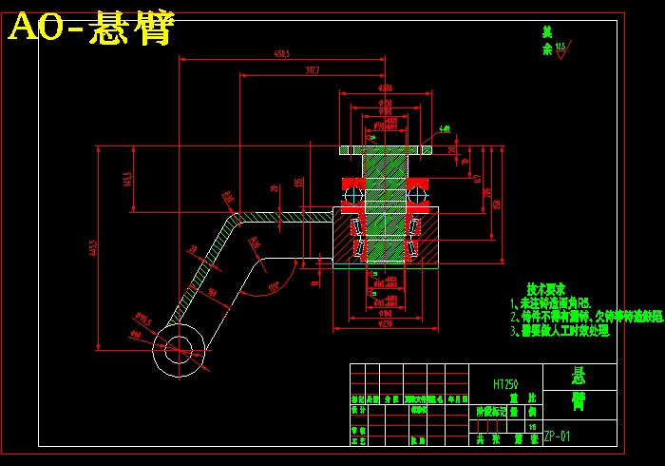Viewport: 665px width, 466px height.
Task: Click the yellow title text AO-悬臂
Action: tap(91, 29)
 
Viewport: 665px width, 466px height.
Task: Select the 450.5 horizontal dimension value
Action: tap(281, 54)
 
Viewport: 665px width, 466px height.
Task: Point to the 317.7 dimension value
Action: tap(312, 69)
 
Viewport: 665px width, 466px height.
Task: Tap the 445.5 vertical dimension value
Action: tap(93, 248)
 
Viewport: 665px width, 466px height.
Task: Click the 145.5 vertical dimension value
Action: tap(127, 178)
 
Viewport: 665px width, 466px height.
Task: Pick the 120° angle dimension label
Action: tap(274, 284)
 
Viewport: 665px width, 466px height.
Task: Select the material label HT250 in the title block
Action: tap(505, 384)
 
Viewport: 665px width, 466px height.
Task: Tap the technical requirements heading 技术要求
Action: tap(546, 288)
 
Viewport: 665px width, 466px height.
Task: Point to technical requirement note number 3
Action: tap(560, 331)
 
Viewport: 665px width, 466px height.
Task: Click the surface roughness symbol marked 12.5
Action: tap(560, 49)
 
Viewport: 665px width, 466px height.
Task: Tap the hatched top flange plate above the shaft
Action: tap(385, 149)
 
